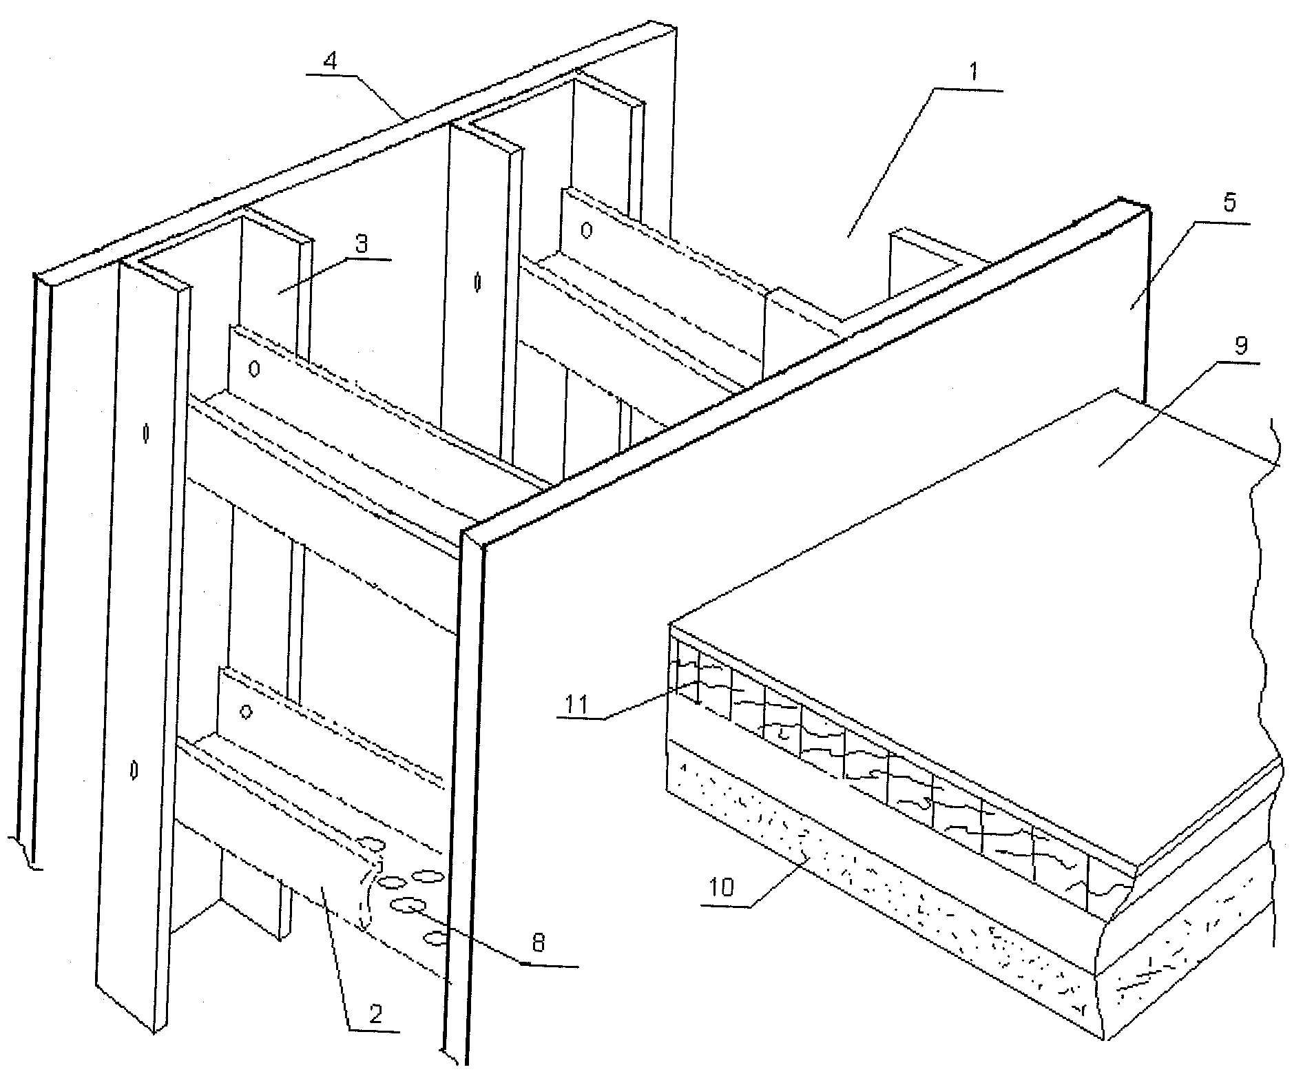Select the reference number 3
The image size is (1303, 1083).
coord(362,244)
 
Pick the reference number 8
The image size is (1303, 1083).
coord(539,943)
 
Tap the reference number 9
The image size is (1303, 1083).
coord(1240,346)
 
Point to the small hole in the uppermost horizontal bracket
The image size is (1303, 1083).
coord(586,231)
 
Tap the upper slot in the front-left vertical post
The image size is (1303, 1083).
coord(146,433)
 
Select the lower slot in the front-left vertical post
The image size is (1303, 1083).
coord(134,770)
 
